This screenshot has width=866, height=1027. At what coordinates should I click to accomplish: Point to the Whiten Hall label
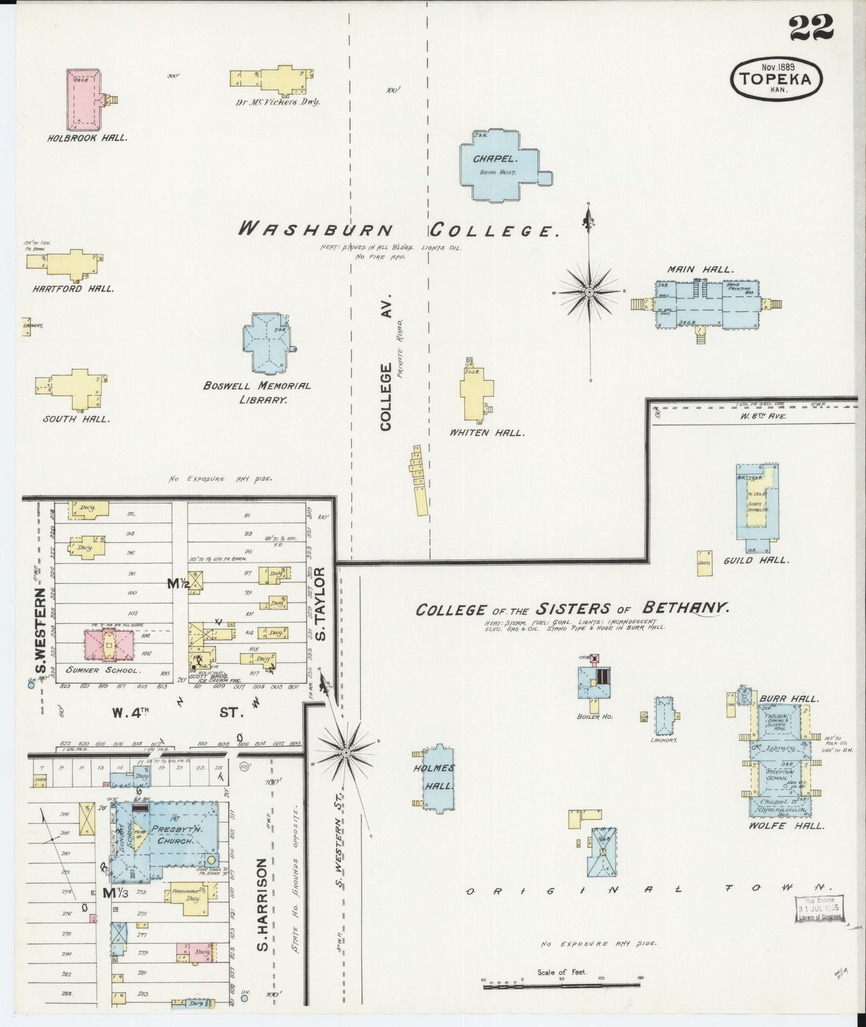coord(487,433)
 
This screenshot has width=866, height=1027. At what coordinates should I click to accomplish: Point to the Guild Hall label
coord(756,561)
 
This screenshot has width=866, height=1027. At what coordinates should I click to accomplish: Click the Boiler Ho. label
coord(595,716)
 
